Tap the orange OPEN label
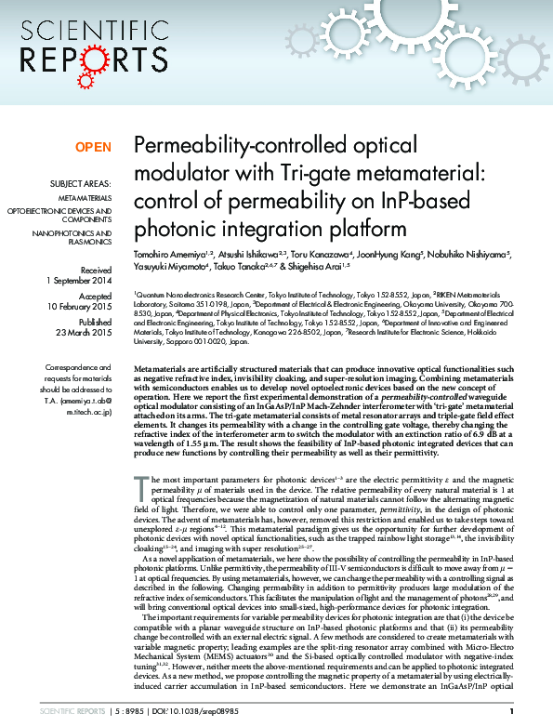pos(93,147)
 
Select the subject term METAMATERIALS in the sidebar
pos(86,199)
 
